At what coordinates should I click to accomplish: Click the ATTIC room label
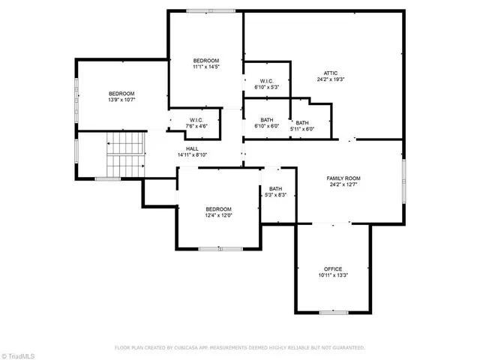pos(330,73)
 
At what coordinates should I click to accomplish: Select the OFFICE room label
pos(332,268)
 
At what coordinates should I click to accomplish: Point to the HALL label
pos(192,148)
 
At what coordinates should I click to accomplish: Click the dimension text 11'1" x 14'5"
pos(205,67)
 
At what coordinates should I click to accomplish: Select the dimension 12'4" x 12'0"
pos(219,215)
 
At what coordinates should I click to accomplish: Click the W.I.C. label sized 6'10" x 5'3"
pos(269,87)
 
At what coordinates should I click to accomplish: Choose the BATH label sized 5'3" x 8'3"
pos(276,195)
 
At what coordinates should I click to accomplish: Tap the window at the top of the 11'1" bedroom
pos(202,10)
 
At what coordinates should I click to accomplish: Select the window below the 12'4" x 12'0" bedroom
pos(220,248)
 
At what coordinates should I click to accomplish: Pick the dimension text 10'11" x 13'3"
pos(332,275)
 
